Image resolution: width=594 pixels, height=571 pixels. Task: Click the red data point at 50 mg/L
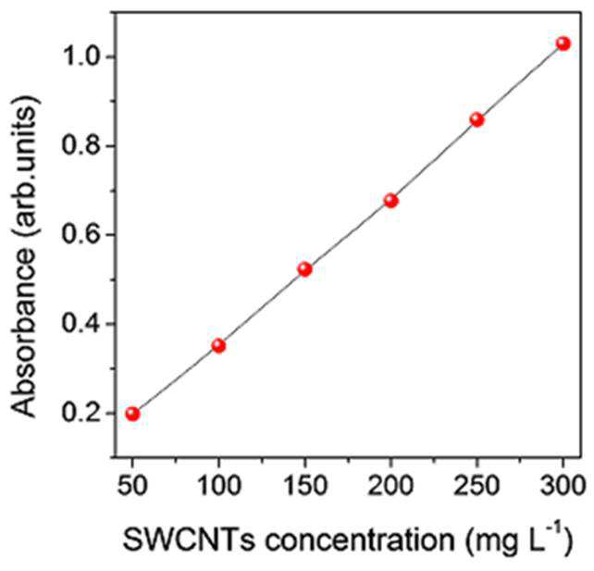click(132, 414)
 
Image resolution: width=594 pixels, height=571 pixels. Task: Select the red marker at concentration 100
click(218, 345)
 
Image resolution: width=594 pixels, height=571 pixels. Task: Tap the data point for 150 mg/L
click(305, 269)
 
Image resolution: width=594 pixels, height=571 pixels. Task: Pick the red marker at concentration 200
click(391, 201)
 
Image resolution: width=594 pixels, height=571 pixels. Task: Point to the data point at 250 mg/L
click(477, 120)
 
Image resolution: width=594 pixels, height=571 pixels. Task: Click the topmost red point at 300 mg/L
click(563, 43)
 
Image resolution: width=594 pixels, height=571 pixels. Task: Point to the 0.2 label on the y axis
click(80, 413)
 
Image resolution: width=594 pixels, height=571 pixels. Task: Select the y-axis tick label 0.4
click(80, 324)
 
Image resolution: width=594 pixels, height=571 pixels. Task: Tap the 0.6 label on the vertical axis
click(80, 235)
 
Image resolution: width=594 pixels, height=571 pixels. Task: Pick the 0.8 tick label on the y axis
click(80, 146)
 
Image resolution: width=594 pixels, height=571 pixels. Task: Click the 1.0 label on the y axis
click(80, 56)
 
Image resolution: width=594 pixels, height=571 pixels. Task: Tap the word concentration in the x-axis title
click(359, 540)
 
